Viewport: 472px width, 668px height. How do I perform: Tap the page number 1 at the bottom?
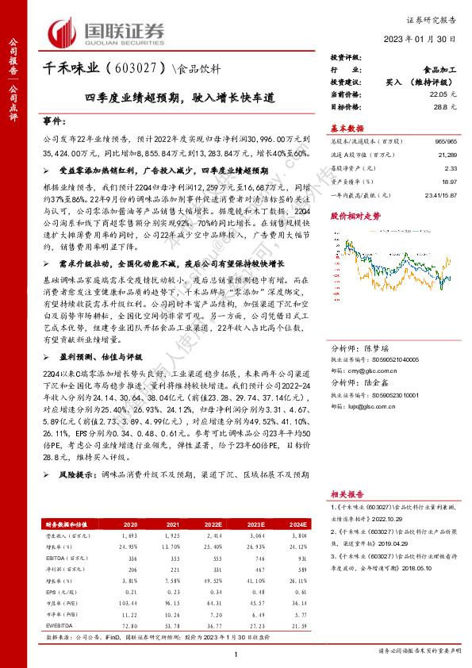tap(236, 653)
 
